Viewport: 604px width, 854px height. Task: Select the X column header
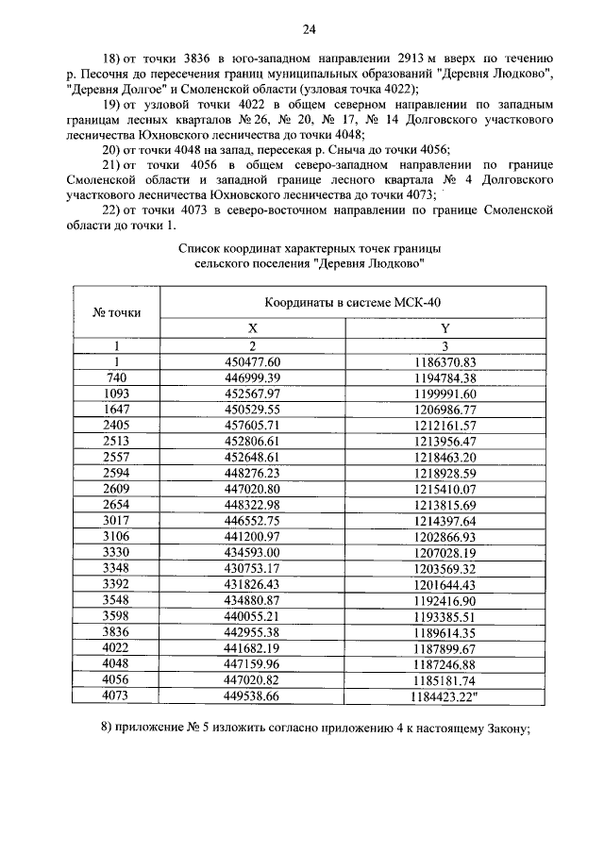tap(252, 328)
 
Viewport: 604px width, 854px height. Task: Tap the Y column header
tap(445, 328)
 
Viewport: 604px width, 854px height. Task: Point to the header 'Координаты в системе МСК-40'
tap(349, 301)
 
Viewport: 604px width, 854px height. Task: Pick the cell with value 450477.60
tap(252, 361)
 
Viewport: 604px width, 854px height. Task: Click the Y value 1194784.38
tap(445, 377)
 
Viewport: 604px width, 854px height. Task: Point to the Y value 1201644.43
tap(445, 584)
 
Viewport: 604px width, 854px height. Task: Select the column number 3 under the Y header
tap(445, 345)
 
